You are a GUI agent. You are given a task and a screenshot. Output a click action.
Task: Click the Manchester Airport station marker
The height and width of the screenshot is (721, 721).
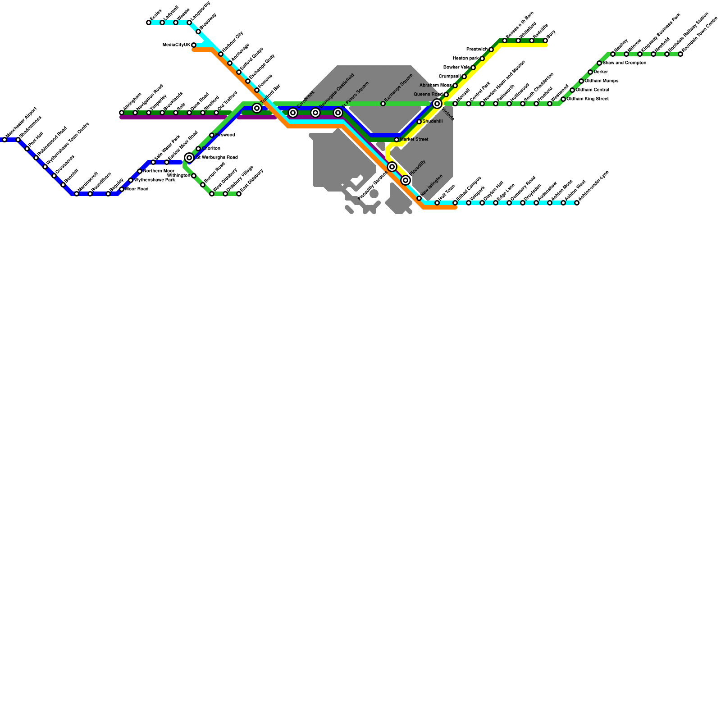pos(5,140)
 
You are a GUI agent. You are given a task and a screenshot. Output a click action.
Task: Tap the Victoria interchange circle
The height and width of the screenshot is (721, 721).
pos(437,104)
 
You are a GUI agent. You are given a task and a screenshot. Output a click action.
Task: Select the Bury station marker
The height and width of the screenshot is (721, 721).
pos(545,41)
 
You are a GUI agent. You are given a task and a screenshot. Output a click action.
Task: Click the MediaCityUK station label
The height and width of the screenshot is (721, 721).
pos(176,45)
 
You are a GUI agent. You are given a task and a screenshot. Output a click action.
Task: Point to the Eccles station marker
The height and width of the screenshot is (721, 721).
pos(149,23)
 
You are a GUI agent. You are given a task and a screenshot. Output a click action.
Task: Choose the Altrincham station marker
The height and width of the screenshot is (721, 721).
pos(122,113)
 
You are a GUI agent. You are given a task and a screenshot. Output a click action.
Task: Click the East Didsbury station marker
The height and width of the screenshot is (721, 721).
pos(239,194)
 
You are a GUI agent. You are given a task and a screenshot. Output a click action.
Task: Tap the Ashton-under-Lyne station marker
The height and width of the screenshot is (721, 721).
pos(577,203)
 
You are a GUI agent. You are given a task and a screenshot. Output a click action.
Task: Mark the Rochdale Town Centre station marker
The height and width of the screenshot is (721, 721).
pos(680,54)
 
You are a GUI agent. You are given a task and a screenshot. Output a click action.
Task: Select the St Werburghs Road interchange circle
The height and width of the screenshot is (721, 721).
pos(189,158)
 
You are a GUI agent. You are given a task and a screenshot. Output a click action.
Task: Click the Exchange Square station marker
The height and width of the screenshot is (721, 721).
pos(383,104)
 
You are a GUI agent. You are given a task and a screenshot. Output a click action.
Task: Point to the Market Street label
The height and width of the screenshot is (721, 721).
pos(414,140)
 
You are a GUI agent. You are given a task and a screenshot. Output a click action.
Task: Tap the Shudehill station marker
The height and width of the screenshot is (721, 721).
pos(419,122)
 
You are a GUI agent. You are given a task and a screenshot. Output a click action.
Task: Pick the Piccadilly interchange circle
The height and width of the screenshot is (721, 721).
pos(406,180)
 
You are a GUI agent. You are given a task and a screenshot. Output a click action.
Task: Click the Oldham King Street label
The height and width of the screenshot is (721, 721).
pos(588,99)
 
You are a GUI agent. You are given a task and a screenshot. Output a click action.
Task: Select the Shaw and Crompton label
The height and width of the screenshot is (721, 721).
pos(625,63)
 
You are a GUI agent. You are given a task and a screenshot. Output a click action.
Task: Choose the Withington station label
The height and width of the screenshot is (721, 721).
pos(178,176)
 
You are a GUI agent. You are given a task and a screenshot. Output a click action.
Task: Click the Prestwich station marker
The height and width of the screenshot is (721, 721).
pos(491,50)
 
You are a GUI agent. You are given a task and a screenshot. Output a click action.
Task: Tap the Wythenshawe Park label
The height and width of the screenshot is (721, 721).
pos(155,180)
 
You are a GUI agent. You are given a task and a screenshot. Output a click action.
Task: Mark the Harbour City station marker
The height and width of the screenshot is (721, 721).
pos(221,54)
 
